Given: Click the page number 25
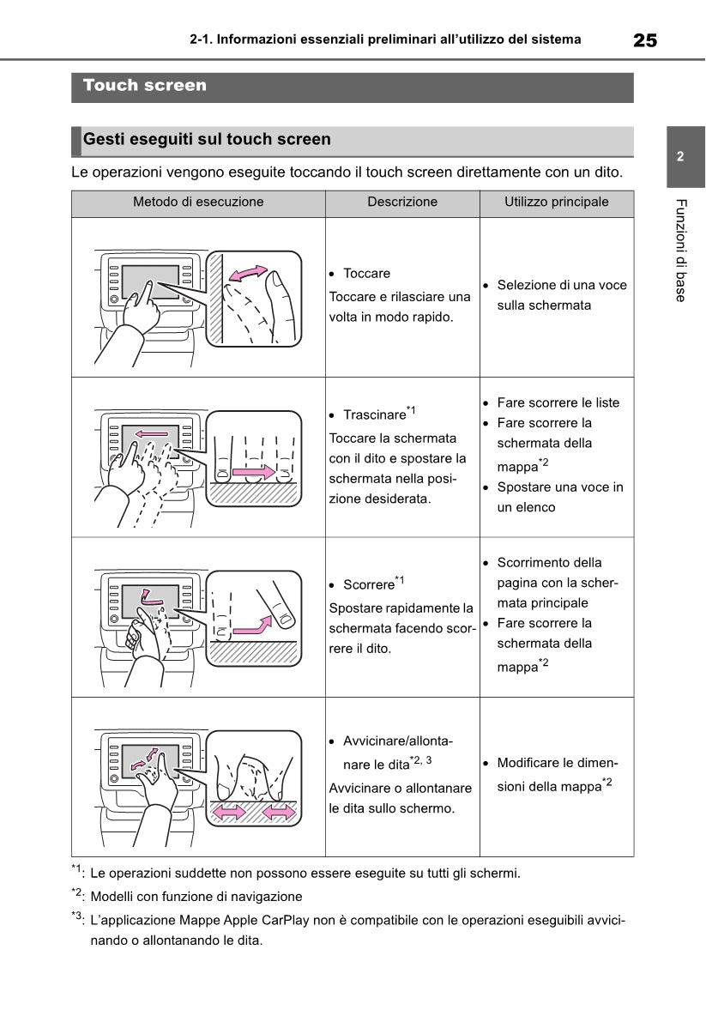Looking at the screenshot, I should point(645,39).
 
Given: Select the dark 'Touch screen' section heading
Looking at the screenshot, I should point(145,86).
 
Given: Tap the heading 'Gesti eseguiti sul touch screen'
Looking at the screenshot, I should point(207,139).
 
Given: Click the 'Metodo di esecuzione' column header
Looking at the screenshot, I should point(198,203).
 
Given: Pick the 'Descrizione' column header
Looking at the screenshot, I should point(402,203).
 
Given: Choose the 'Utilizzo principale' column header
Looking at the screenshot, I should point(556,203).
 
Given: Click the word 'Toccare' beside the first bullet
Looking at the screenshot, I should point(366,274).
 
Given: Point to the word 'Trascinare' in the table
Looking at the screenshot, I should point(373,415).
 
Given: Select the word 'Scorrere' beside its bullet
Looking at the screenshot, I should point(368,585).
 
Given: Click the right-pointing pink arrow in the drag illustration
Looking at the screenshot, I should point(256,472).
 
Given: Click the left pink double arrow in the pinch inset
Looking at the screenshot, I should point(228,811).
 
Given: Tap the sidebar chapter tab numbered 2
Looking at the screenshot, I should point(679,158).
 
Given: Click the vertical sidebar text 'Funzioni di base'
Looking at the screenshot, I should point(680,250).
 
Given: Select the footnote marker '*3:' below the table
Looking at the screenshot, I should point(79,918).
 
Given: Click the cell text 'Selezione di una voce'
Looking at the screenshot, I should point(562,285).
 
